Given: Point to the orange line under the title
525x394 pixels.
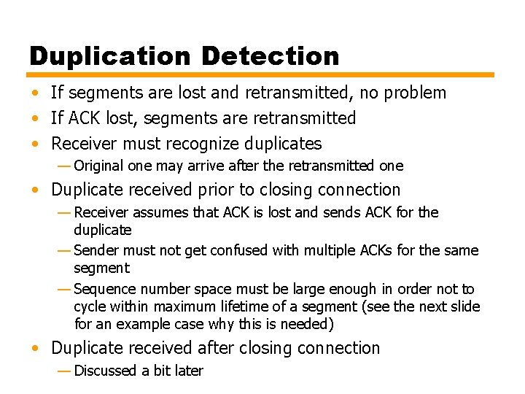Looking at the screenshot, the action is [261, 74].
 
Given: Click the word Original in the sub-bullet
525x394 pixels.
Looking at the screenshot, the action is [99, 166].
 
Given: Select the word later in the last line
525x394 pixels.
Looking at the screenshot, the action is [189, 371].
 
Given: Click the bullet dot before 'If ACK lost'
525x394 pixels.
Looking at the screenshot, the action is [35, 118].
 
